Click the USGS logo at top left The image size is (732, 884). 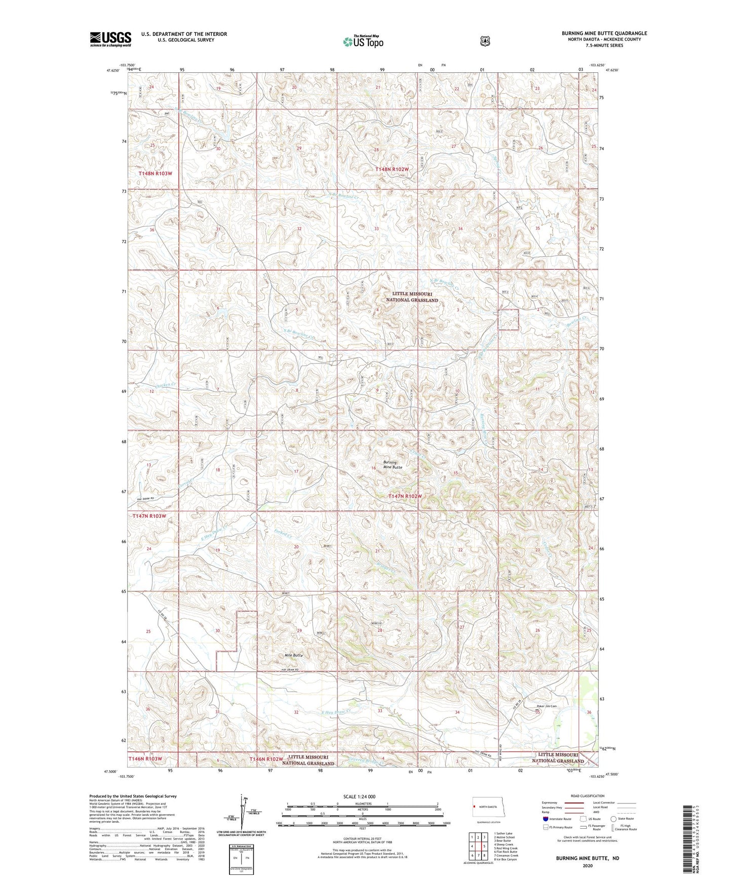pyautogui.click(x=110, y=39)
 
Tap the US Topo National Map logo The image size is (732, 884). pyautogui.click(x=363, y=41)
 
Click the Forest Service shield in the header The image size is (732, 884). pyautogui.click(x=485, y=41)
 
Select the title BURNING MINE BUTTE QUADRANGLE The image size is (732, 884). pyautogui.click(x=604, y=33)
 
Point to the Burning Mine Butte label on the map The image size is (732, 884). pyautogui.click(x=393, y=465)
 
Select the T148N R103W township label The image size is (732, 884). pyautogui.click(x=156, y=174)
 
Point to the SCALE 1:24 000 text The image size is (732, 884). pyautogui.click(x=359, y=796)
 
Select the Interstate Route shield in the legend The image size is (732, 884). pyautogui.click(x=545, y=819)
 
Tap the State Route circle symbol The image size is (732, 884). pyautogui.click(x=613, y=819)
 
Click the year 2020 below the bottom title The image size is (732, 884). pyautogui.click(x=587, y=866)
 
